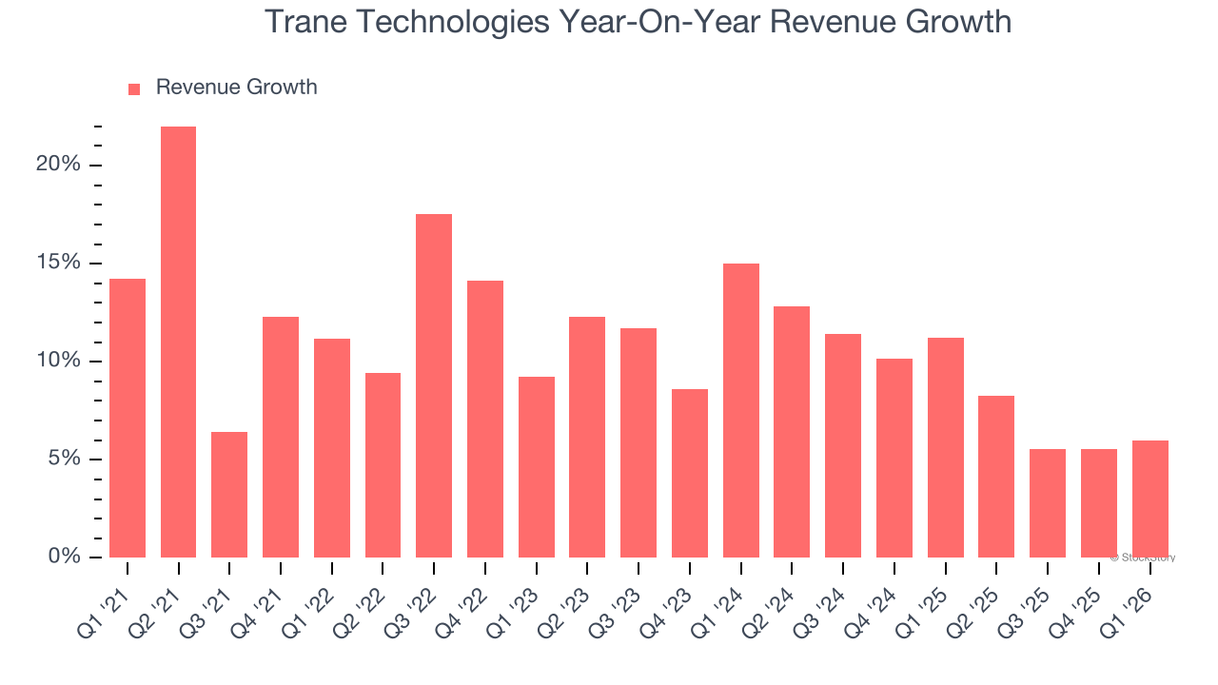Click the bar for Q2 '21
pos(178,342)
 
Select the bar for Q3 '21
pos(229,495)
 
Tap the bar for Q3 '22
pos(434,385)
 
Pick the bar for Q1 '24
pos(741,410)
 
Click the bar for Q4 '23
pos(690,473)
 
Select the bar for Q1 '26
pos(1149,499)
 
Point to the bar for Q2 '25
pos(996,476)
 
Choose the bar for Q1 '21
pos(128,418)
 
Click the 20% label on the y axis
pos(58,165)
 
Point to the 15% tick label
pos(58,263)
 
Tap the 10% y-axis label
pos(58,361)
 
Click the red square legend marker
pos(134,88)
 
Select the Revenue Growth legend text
pos(236,88)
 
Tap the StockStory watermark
pos(1142,558)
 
